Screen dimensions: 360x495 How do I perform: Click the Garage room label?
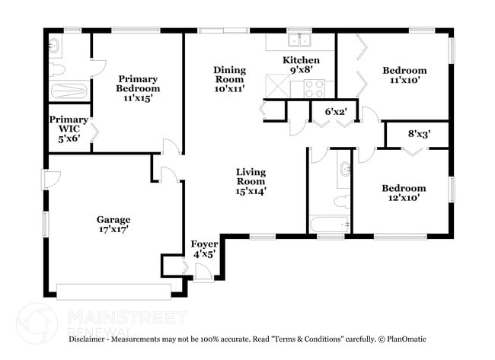[x=113, y=224]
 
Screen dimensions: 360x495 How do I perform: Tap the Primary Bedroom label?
[x=138, y=88]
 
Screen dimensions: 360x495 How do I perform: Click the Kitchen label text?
[x=301, y=60]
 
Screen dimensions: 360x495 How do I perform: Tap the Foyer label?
[x=203, y=249]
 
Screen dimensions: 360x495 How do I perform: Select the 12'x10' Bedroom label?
[x=404, y=193]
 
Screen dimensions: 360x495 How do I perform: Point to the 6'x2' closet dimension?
[x=336, y=112]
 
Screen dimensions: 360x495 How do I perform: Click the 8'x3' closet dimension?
[x=419, y=134]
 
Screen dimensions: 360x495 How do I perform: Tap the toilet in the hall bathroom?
[x=343, y=202]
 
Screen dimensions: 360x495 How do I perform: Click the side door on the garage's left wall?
[x=49, y=180]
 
